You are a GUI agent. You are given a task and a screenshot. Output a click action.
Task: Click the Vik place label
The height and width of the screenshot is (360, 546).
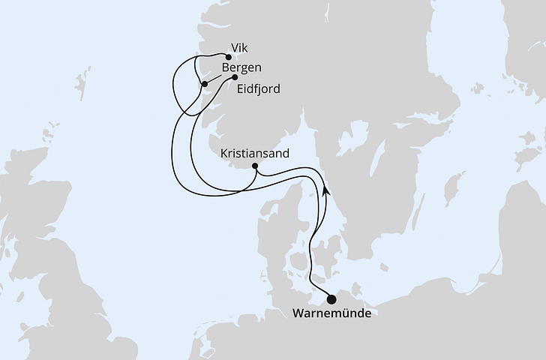click(x=239, y=47)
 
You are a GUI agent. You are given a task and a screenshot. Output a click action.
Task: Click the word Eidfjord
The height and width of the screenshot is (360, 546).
click(x=258, y=89)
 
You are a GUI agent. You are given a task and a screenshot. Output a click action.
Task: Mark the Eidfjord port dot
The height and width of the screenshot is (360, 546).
click(x=235, y=76)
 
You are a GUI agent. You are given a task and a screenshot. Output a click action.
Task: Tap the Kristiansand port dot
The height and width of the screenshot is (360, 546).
click(x=256, y=166)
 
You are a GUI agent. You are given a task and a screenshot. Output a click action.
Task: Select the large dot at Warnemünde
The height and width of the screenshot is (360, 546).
click(x=331, y=299)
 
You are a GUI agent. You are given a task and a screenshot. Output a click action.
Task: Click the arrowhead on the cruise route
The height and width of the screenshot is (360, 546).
click(x=325, y=190)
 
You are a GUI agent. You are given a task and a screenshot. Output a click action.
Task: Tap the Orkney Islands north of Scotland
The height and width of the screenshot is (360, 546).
click(x=49, y=136)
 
